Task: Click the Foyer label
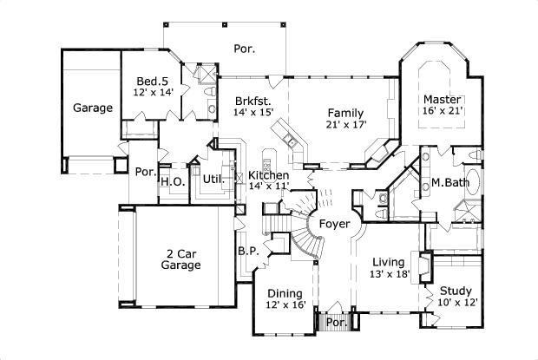pyautogui.click(x=334, y=224)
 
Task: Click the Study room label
pyautogui.click(x=455, y=291)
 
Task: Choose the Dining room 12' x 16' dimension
pyautogui.click(x=285, y=305)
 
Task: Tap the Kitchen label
pyautogui.click(x=269, y=174)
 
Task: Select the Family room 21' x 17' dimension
pyautogui.click(x=345, y=125)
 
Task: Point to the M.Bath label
pyautogui.click(x=450, y=183)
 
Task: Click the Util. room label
pyautogui.click(x=213, y=180)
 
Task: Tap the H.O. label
pyautogui.click(x=170, y=181)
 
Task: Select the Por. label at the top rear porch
pyautogui.click(x=244, y=49)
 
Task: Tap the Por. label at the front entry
pyautogui.click(x=336, y=323)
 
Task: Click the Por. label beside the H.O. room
pyautogui.click(x=144, y=172)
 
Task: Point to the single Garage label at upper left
pyautogui.click(x=92, y=108)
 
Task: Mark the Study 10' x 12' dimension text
pyautogui.click(x=455, y=303)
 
